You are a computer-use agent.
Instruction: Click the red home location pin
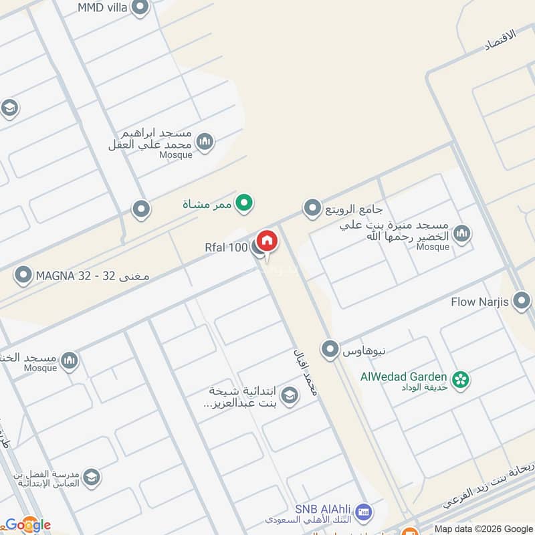pyautogui.click(x=266, y=241)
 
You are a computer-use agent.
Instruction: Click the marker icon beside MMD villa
pyautogui.click(x=140, y=8)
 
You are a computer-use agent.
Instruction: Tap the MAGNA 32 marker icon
pyautogui.click(x=23, y=275)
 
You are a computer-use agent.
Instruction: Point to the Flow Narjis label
pyautogui.click(x=480, y=302)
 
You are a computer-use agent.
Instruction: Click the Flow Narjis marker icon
pyautogui.click(x=521, y=301)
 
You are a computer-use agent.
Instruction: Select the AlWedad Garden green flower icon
pyautogui.click(x=460, y=380)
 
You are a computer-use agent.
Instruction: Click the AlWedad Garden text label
pyautogui.click(x=404, y=377)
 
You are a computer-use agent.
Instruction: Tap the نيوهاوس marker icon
pyautogui.click(x=329, y=348)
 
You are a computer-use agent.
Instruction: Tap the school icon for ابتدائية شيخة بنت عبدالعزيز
pyautogui.click(x=289, y=396)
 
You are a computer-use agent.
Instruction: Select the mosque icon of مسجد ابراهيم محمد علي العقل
pyautogui.click(x=205, y=141)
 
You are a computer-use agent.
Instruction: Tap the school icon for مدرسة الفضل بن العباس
pyautogui.click(x=92, y=477)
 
